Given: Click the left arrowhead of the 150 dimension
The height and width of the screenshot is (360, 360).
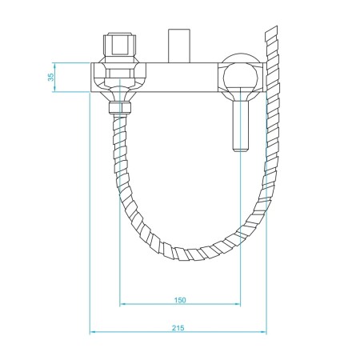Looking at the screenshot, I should pyautogui.click(x=122, y=305).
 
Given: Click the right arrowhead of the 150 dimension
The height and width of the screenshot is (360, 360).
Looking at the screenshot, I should pyautogui.click(x=238, y=305).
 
